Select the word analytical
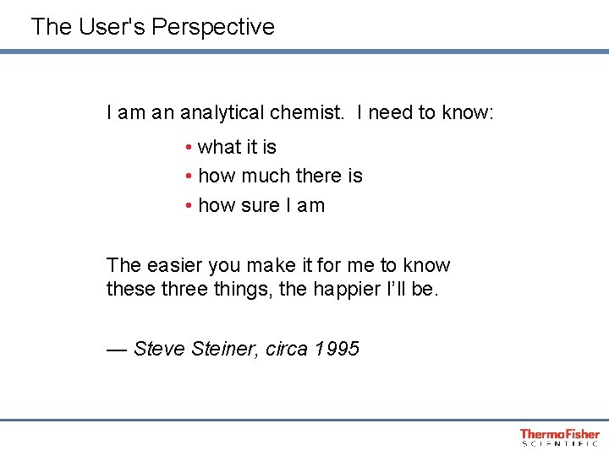[223, 112]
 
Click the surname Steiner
[220, 349]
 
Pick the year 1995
[337, 349]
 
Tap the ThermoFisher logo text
[559, 433]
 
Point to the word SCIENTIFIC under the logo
[559, 443]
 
